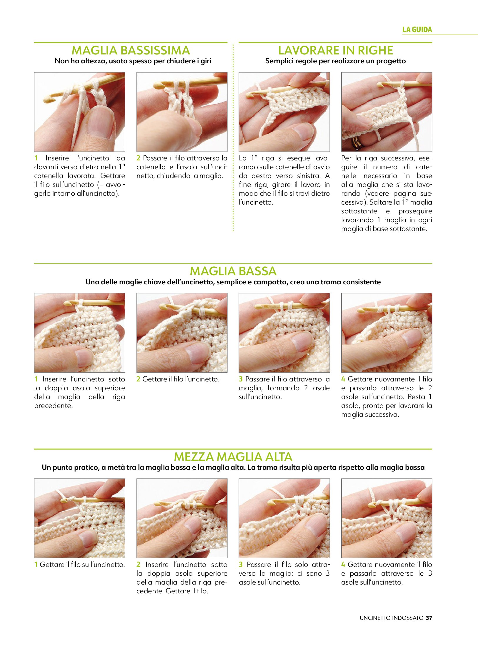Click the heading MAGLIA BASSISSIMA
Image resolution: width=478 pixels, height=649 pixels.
tap(131, 50)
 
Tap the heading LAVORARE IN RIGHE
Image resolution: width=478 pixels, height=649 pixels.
tap(335, 50)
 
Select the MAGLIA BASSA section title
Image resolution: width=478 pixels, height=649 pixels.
tap(233, 271)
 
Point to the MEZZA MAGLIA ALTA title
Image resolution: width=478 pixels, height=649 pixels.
tap(233, 457)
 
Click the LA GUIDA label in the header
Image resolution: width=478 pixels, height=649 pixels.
tap(417, 29)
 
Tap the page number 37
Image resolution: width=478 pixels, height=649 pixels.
tap(429, 618)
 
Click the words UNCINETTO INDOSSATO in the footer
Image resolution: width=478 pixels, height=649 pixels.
tap(391, 618)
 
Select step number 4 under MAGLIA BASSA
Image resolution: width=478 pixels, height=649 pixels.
tap(343, 379)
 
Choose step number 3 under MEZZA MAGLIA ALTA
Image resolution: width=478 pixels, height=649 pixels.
tap(241, 565)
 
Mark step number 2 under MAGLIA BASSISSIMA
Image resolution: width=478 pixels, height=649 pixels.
tap(138, 158)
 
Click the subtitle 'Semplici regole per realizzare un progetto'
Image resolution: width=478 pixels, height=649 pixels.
tap(335, 61)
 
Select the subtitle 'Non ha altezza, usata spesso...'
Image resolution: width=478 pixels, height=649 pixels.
tap(133, 61)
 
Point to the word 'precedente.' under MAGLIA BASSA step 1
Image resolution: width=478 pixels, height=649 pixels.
tap(54, 406)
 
